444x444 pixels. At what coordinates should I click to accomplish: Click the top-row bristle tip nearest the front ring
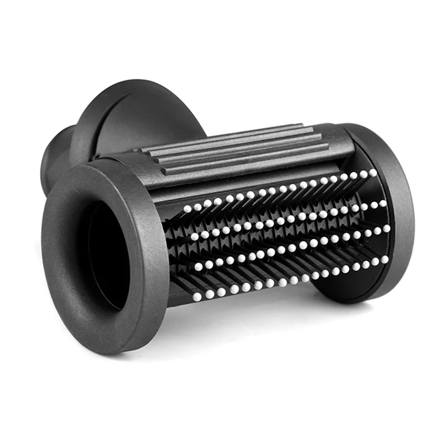pyautogui.click(x=188, y=209)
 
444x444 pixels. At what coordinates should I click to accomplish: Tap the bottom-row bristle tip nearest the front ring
pyautogui.click(x=196, y=297)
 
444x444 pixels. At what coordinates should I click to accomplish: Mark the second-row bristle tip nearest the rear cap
pyautogui.click(x=382, y=203)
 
